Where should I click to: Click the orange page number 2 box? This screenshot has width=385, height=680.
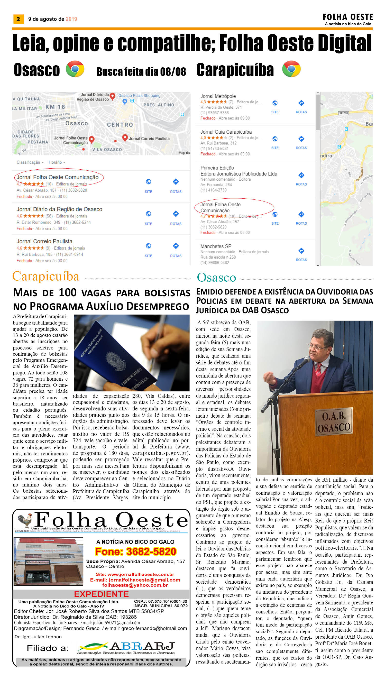click(18, 19)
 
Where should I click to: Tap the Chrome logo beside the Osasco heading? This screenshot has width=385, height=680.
click(75, 69)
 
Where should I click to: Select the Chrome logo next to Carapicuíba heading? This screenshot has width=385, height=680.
click(291, 69)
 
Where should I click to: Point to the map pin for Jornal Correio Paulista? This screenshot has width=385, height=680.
click(125, 137)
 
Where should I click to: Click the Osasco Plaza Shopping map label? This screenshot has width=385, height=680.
click(139, 96)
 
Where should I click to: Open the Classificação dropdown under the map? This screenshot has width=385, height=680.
click(30, 162)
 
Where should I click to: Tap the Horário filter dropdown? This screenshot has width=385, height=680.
click(57, 162)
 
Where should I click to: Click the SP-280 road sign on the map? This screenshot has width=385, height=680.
click(343, 113)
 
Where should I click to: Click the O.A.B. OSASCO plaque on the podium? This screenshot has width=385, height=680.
click(334, 422)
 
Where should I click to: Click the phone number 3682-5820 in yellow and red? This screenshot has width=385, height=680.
click(135, 552)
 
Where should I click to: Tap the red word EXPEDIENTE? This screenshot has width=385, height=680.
click(101, 594)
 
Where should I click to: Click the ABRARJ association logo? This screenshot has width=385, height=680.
click(126, 648)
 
